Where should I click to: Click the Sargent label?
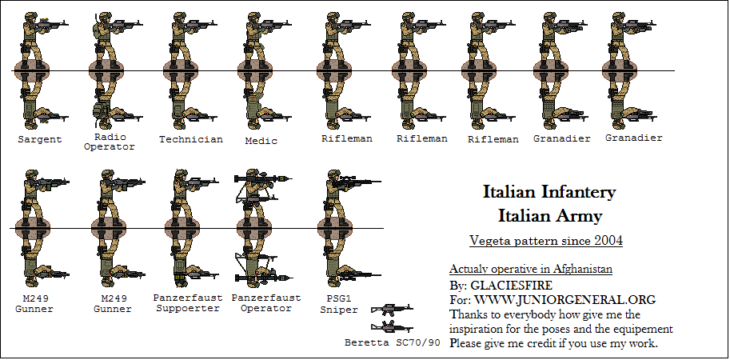tap(39, 139)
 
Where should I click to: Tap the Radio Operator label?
tap(109, 142)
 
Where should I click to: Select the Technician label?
tap(190, 139)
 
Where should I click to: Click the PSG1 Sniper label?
tap(339, 303)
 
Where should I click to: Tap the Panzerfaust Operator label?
tap(266, 302)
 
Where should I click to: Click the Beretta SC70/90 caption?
tap(393, 343)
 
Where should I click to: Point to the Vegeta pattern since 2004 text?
tap(545, 240)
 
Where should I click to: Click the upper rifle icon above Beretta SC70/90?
tap(391, 310)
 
